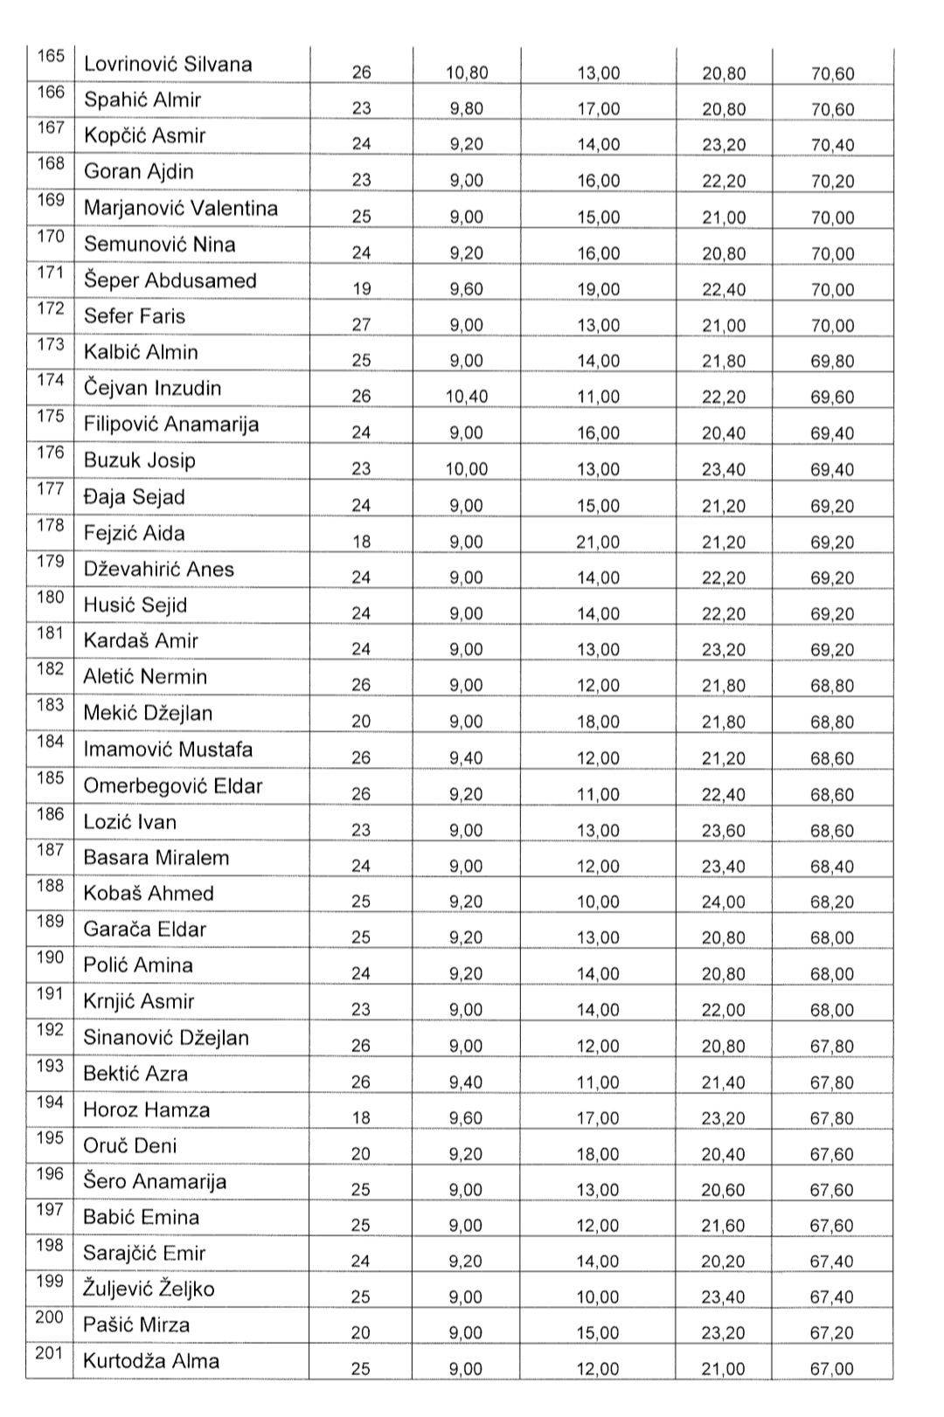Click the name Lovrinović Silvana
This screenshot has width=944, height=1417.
(168, 64)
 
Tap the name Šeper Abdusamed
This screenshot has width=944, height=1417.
(170, 280)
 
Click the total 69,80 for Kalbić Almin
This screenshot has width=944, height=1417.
(832, 361)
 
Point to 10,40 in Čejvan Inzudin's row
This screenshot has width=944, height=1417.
(467, 397)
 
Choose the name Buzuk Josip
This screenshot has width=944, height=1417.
(140, 460)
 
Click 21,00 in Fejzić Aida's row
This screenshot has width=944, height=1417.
(598, 542)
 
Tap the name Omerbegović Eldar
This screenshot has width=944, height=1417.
(173, 785)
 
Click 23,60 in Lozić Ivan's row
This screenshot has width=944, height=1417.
(724, 830)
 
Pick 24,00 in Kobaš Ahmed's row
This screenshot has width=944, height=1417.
(724, 902)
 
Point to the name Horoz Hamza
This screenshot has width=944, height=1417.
(147, 1109)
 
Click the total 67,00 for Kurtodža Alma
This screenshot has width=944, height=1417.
(832, 1369)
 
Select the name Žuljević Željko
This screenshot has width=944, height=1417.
(149, 1289)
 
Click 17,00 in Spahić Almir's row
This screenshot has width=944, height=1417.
(598, 109)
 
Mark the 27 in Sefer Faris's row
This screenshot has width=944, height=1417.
(361, 325)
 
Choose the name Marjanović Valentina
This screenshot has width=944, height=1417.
(181, 208)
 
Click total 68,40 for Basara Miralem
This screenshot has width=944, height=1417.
(832, 866)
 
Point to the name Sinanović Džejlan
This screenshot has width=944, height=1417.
(166, 1037)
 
